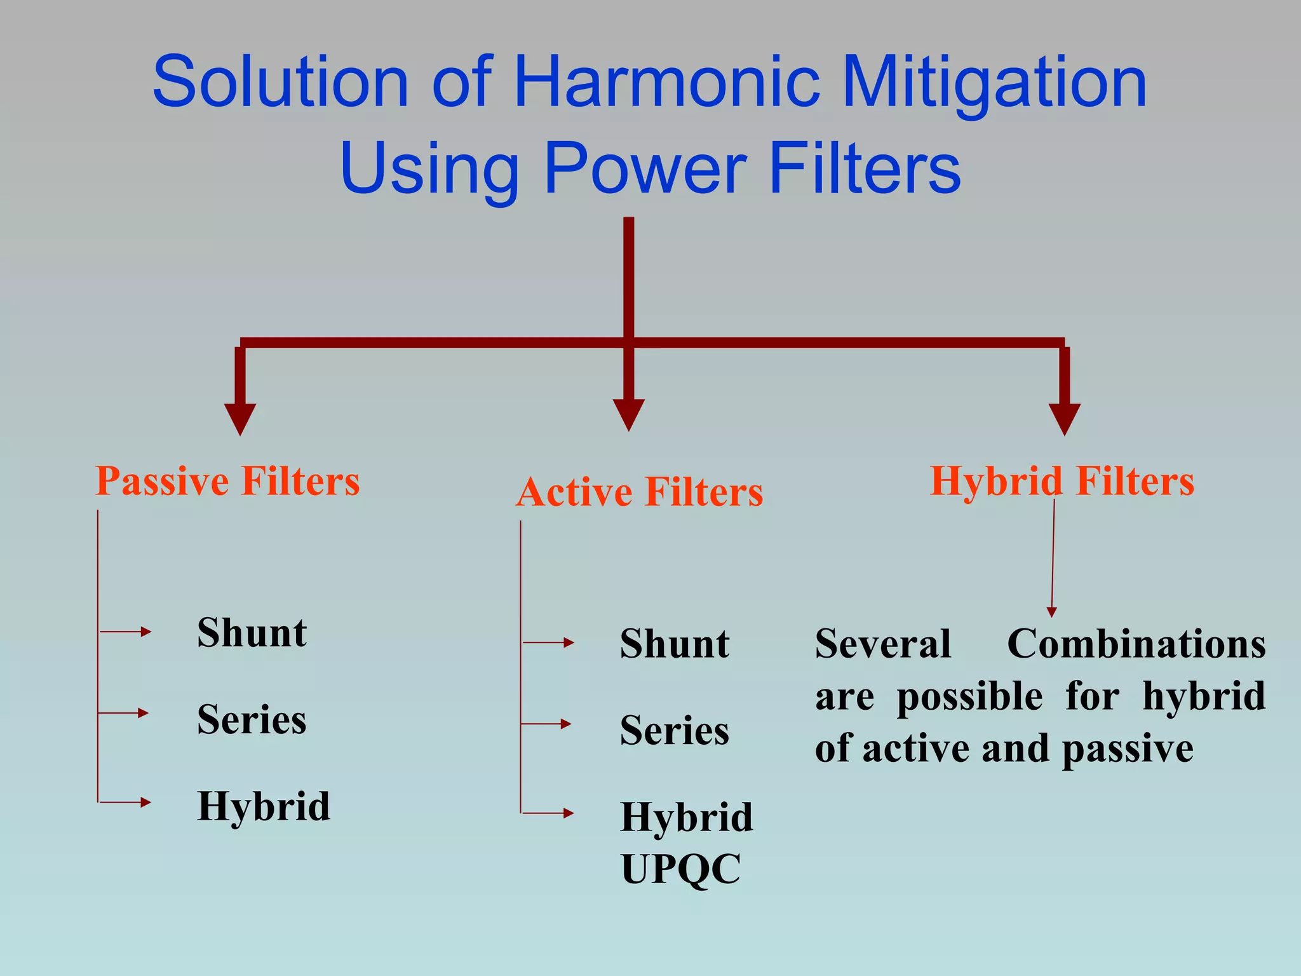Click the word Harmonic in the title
666,82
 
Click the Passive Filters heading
227,481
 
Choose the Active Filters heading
639,492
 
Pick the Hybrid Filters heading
1062,481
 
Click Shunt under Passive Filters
252,633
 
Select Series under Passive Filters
252,720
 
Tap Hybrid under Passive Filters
264,807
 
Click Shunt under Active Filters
675,644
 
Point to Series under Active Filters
675,731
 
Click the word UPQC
680,869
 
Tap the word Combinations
1136,644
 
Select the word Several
883,644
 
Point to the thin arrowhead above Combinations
1051,612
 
